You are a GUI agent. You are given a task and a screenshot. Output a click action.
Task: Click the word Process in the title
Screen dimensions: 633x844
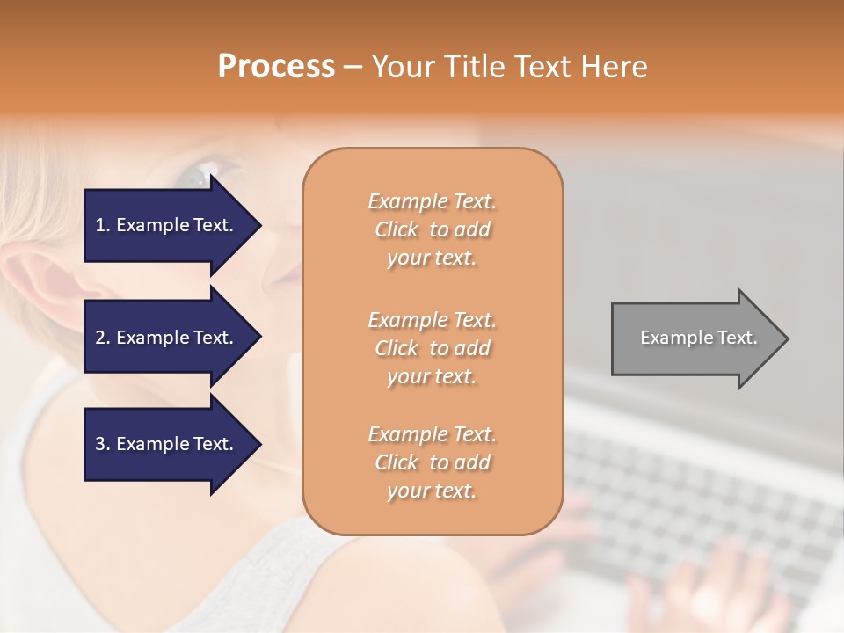276,67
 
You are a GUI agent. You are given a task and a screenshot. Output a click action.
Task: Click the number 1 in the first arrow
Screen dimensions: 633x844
100,225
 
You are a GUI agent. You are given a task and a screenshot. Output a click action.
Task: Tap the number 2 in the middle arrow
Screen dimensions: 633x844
100,338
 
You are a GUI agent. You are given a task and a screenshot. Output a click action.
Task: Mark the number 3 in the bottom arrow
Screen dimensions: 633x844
100,444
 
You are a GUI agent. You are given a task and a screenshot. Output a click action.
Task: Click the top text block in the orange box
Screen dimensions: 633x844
432,229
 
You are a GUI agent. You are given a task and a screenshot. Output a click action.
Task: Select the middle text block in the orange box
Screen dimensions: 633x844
432,348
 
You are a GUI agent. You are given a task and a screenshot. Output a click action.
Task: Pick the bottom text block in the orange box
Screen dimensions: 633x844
432,462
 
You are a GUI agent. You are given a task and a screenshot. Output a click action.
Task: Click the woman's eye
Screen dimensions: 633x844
199,172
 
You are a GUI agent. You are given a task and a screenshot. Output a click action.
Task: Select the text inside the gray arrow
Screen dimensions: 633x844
698,338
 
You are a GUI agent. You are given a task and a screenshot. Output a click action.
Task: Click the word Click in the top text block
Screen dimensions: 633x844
397,229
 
